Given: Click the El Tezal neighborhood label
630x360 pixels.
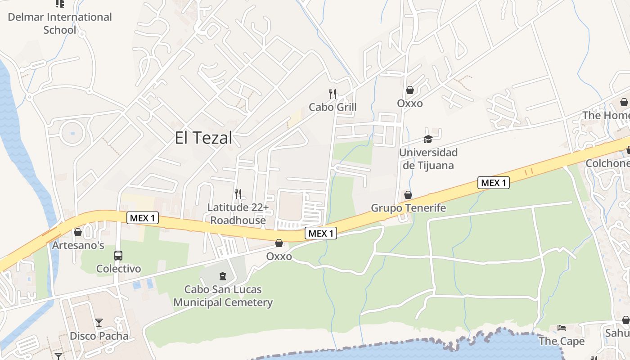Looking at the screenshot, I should tap(203, 138).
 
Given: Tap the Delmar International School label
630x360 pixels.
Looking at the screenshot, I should tap(60, 23).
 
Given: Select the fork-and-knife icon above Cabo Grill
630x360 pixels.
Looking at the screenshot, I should tap(333, 94).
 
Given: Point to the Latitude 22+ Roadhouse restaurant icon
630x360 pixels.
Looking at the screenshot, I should tap(238, 194).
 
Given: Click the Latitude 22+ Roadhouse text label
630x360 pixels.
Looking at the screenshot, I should tap(238, 214).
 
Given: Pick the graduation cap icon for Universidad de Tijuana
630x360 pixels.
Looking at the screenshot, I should tap(428, 139).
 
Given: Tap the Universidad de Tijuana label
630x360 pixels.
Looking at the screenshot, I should tap(428, 159).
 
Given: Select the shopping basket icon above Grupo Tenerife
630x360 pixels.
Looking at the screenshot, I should tap(408, 195).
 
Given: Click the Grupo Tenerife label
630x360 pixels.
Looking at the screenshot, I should tap(408, 208).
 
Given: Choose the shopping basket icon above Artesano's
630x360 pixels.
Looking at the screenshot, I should tap(78, 232).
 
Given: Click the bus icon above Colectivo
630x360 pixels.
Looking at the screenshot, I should tap(118, 256).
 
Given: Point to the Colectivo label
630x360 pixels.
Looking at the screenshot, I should tap(118, 269).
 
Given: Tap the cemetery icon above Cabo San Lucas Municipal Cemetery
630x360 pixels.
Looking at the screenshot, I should tap(223, 276).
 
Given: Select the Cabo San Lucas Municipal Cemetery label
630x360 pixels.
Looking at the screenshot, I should tap(223, 296).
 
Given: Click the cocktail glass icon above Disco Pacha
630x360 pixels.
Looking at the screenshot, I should tap(99, 322).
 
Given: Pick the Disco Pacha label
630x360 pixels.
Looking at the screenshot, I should tap(99, 336).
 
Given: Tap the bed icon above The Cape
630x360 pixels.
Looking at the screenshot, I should tap(562, 328).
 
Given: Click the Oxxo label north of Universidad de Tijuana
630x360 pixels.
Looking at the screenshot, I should tap(409, 103).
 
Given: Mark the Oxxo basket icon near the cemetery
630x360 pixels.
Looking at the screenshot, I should tap(279, 243).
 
